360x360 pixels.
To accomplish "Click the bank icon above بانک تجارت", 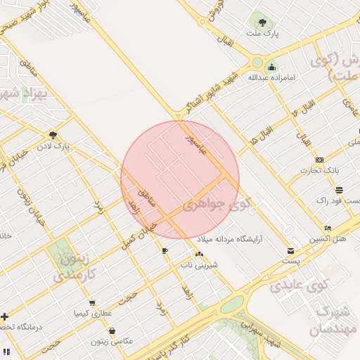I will click(319, 160).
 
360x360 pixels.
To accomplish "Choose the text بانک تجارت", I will click(319, 171).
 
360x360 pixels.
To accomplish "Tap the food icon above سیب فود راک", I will click(339, 190).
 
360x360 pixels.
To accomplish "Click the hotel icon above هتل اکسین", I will click(328, 229).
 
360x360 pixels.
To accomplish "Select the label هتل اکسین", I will click(330, 239).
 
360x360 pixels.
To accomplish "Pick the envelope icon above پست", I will click(291, 251).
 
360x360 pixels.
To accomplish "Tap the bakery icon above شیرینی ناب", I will click(199, 255).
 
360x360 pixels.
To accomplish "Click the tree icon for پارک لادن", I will click(53, 135).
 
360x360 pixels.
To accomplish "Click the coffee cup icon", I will click(165, 250).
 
